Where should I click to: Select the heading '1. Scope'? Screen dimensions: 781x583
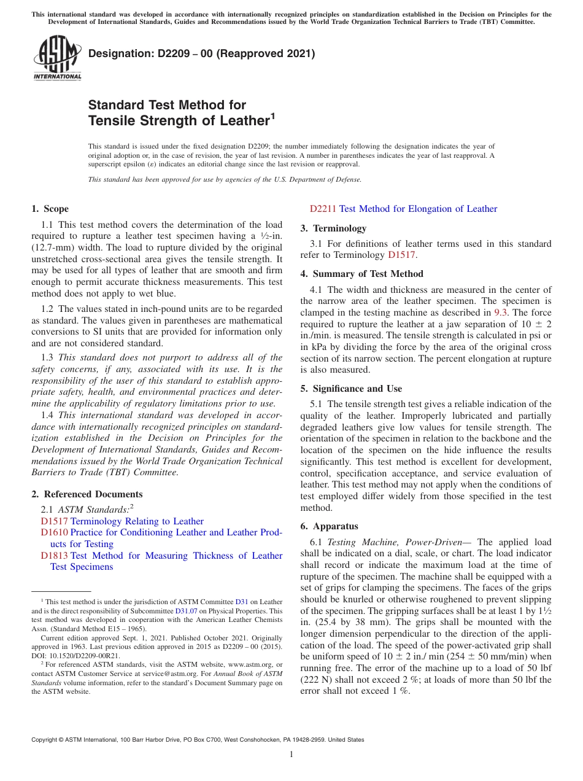pyautogui.click(x=50, y=209)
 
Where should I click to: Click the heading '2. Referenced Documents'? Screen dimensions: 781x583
pyautogui.click(x=87, y=494)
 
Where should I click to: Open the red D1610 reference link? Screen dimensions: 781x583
pyautogui.click(x=55, y=532)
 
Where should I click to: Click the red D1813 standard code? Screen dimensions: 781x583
pyautogui.click(x=55, y=556)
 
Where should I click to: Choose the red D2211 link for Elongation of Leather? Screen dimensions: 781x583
pyautogui.click(x=323, y=209)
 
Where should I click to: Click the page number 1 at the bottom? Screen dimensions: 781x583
pyautogui.click(x=291, y=755)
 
